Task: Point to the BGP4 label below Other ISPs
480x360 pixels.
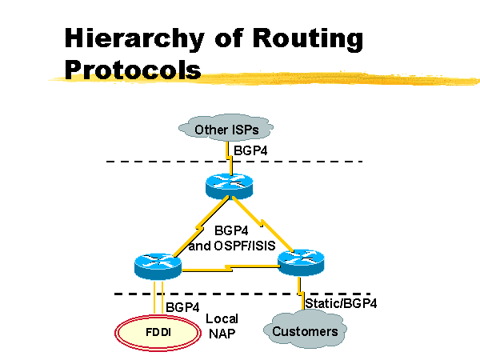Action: pyautogui.click(x=250, y=150)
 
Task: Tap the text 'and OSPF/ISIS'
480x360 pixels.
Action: pyautogui.click(x=232, y=246)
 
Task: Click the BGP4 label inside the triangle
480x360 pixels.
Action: pyautogui.click(x=232, y=232)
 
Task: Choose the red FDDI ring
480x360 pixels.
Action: pyautogui.click(x=158, y=330)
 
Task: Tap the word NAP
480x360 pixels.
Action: pyautogui.click(x=223, y=334)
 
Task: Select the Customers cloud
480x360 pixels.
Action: pyautogui.click(x=305, y=331)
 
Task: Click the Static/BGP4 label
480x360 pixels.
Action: pyautogui.click(x=341, y=303)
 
